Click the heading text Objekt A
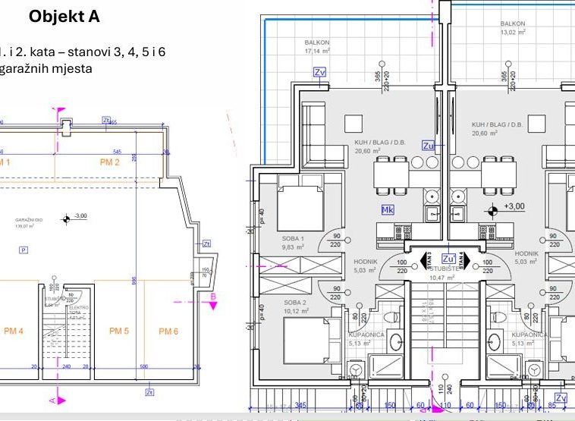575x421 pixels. (64, 17)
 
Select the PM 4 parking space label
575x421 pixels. (13, 331)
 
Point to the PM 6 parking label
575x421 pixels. (168, 331)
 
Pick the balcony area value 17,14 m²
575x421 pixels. (318, 52)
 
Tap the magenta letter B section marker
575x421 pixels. (214, 297)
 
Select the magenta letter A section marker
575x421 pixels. (52, 399)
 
